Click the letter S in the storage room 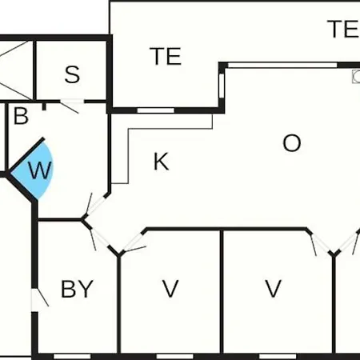point(72,74)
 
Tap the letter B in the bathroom point(21,116)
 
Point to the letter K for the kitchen point(161,162)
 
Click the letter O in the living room point(292,143)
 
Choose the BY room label point(77,289)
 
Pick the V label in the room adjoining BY point(170,289)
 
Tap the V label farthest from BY point(274,289)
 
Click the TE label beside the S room point(166,56)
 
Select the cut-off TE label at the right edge point(343,29)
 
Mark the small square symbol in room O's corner point(356,77)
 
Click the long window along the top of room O point(282,65)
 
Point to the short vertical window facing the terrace point(222,86)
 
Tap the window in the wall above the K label point(155,110)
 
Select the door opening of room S point(72,101)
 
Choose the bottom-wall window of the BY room point(72,357)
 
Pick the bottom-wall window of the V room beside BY point(174,357)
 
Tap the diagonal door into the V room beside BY point(133,242)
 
